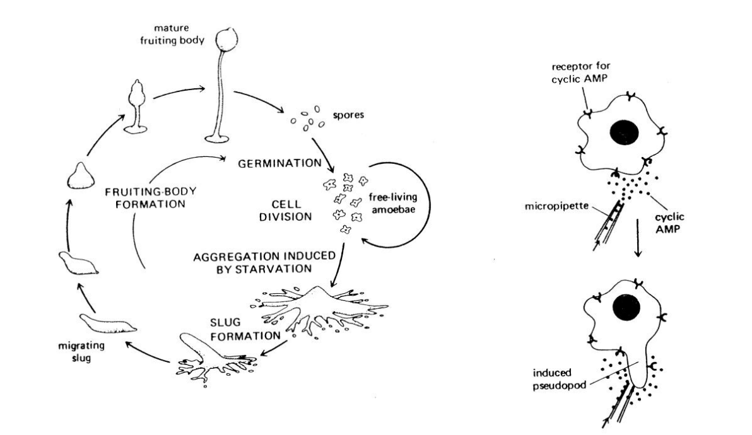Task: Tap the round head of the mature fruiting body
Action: click(x=226, y=41)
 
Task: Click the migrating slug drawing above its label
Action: click(x=108, y=326)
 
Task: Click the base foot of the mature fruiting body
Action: click(x=216, y=136)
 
